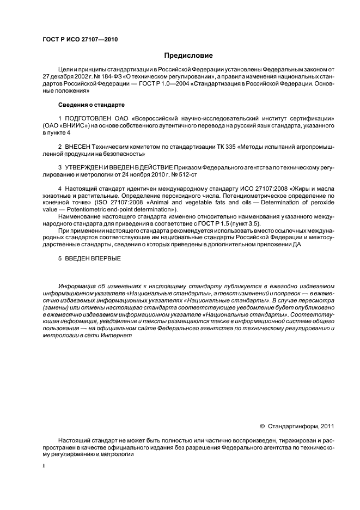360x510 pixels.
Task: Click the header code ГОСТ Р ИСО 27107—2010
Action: pos(80,40)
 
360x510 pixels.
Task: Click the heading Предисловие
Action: pos(188,56)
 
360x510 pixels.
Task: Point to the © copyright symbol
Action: pos(262,427)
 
